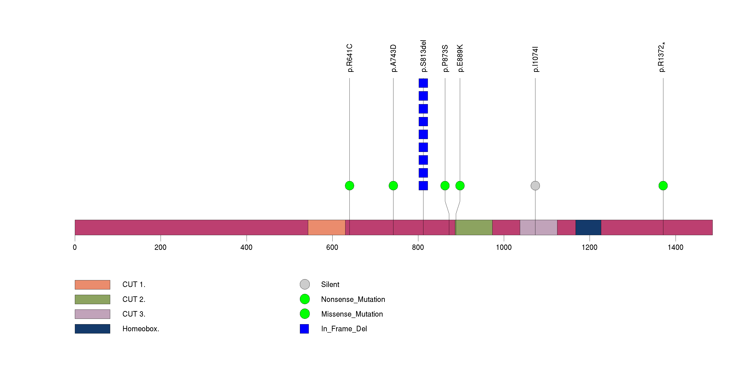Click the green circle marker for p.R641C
tap(349, 186)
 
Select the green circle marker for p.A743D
tap(393, 186)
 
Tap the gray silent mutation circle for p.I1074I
tap(535, 186)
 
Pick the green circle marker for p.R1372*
tap(663, 186)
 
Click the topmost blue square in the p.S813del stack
tap(423, 83)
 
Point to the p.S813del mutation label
tap(423, 56)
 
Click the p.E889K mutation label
tap(460, 58)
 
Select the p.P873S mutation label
tap(445, 58)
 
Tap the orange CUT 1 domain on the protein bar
tap(326, 227)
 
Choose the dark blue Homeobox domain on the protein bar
tap(588, 227)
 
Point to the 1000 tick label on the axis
tap(504, 247)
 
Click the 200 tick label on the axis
tap(160, 247)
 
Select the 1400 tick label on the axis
tap(675, 247)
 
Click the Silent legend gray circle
tap(305, 284)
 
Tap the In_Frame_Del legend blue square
tap(304, 329)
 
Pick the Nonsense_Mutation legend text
tap(353, 299)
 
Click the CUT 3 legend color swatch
tap(92, 314)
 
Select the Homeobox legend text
tap(141, 329)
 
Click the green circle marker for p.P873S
tap(445, 186)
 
